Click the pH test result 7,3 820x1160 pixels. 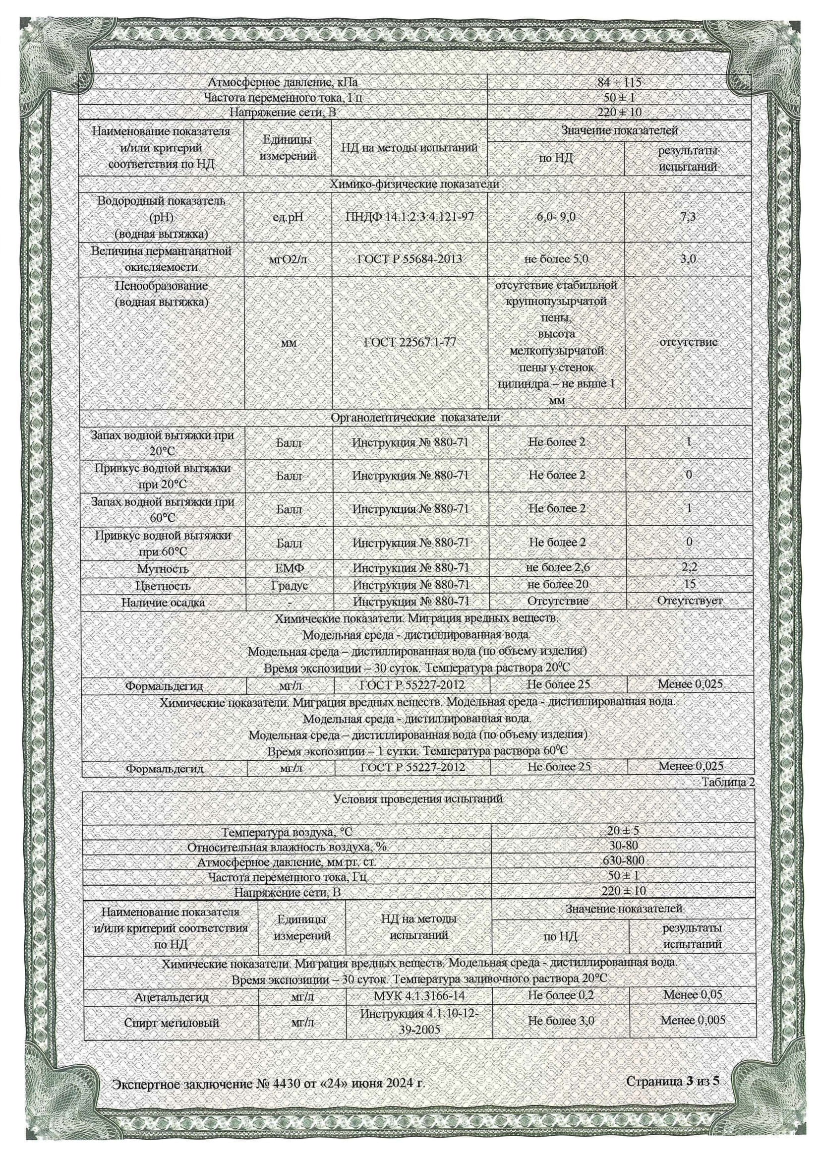click(687, 217)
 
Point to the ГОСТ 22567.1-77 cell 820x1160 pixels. click(410, 342)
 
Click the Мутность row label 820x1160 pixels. click(163, 568)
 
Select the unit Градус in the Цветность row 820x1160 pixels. click(289, 586)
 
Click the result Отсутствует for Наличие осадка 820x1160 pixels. click(689, 601)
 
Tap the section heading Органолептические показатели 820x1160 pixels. click(415, 418)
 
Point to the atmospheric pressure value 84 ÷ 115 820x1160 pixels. click(619, 82)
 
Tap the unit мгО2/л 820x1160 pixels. click(289, 260)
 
